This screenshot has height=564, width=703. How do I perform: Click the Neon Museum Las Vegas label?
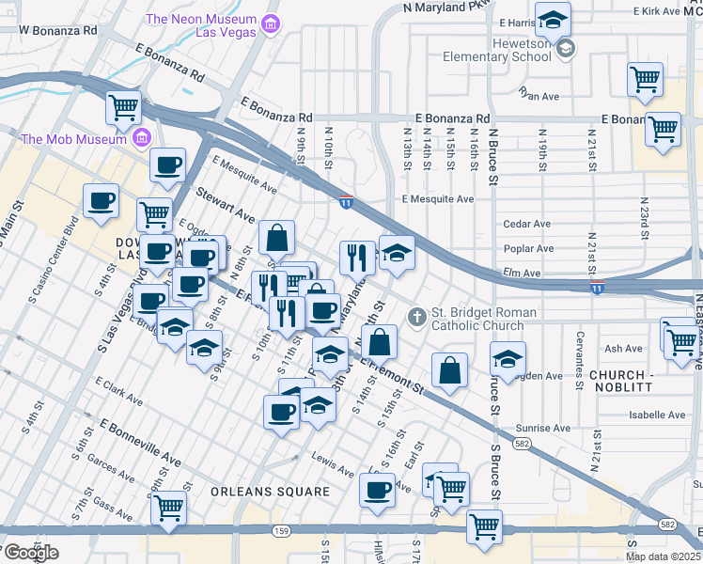coord(201,26)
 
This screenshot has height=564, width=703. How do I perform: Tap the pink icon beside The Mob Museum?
coord(142,139)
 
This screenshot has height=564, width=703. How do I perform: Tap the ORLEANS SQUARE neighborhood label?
coord(270,492)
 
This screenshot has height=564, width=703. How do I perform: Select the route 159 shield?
coord(279,531)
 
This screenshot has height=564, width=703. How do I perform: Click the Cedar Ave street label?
coord(527,224)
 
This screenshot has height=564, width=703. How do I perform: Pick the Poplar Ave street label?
coord(527,248)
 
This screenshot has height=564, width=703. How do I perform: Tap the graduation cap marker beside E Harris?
coord(555,20)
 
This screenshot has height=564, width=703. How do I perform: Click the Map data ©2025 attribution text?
coord(664,556)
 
